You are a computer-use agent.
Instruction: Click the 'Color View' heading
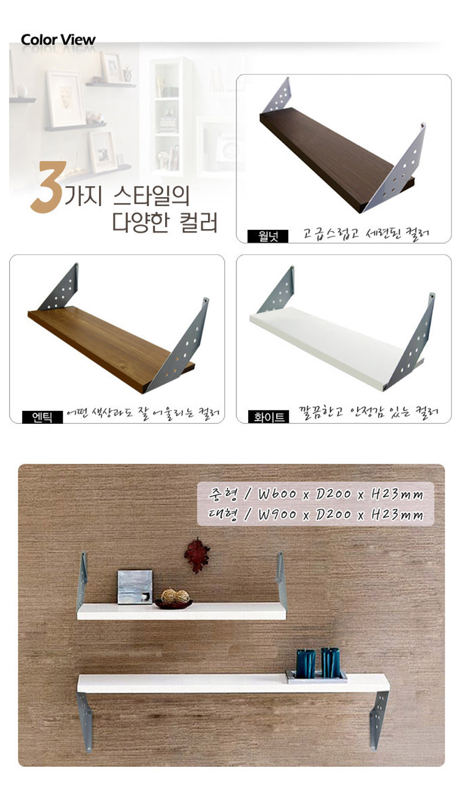tap(58, 40)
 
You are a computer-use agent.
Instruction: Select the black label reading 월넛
tap(268, 236)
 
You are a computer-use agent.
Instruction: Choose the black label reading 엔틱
tap(42, 417)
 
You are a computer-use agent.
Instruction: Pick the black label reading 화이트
tap(268, 417)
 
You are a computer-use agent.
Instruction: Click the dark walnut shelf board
tap(336, 162)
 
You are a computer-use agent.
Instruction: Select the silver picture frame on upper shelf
tap(135, 587)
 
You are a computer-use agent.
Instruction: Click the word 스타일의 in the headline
tap(151, 196)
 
